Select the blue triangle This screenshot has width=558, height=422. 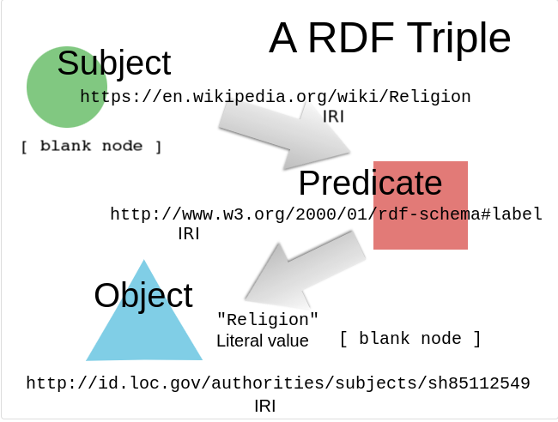point(143,330)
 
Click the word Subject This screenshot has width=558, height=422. point(114,63)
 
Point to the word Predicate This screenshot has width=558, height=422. point(370,183)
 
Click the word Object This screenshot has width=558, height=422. point(143,295)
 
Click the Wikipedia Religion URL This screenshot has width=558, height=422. point(275,97)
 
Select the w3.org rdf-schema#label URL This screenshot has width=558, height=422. point(326,214)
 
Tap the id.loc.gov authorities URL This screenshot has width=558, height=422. point(277,383)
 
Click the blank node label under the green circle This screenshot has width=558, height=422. point(91,146)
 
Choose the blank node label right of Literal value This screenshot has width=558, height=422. point(410,339)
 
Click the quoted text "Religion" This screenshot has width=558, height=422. point(267,320)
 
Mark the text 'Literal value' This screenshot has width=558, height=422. point(262,341)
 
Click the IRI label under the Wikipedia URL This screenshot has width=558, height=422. point(333,117)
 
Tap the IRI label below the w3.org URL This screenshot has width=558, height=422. point(188,233)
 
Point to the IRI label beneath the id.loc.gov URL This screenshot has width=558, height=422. point(265,404)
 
